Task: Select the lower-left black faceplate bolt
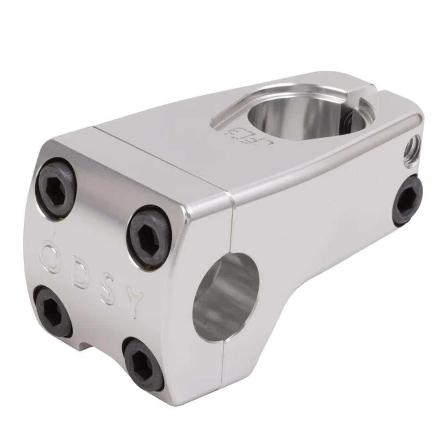(53, 311)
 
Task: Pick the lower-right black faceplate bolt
(143, 364)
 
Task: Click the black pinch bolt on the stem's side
(408, 200)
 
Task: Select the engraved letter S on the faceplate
(107, 292)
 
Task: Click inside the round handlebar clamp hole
(225, 297)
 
